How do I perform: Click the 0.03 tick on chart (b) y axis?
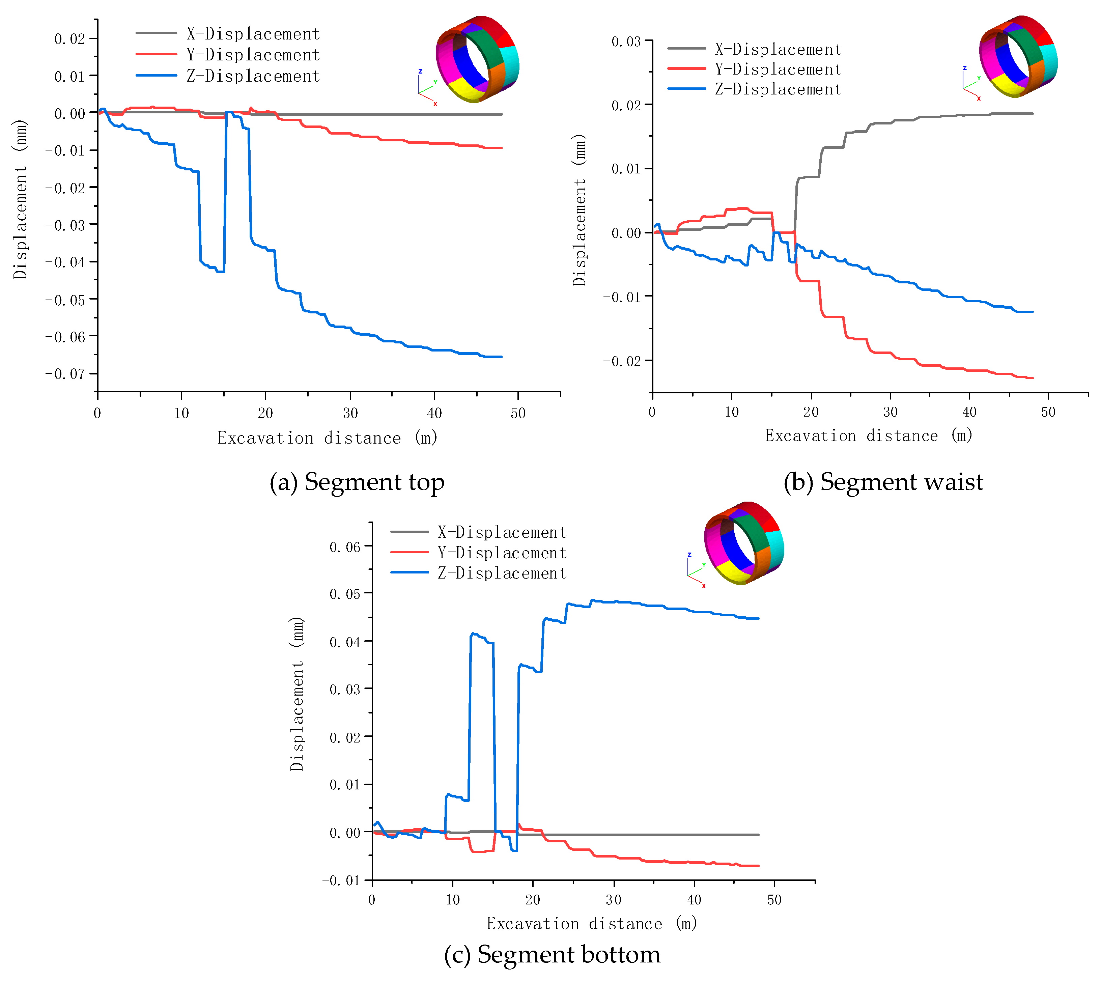click(x=626, y=41)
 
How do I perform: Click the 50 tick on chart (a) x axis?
click(x=517, y=413)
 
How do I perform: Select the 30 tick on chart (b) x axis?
click(x=890, y=412)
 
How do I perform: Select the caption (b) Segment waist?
click(x=883, y=482)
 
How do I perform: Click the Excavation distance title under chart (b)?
click(x=869, y=436)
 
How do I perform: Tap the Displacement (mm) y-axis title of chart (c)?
click(x=297, y=694)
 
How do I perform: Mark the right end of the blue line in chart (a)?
click(x=502, y=357)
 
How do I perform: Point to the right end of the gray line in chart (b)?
click(x=1033, y=113)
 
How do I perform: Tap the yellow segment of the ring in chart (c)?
click(x=734, y=571)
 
